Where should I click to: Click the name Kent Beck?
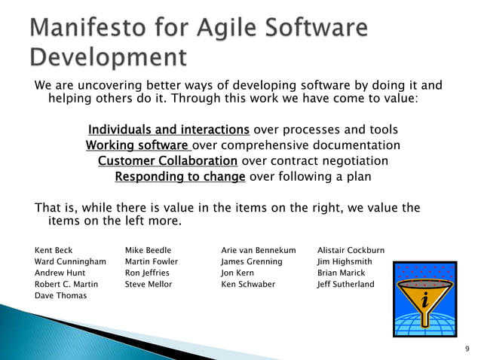click(x=54, y=250)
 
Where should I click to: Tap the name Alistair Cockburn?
click(x=351, y=250)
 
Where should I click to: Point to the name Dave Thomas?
click(x=60, y=295)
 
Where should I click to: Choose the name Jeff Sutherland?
click(x=345, y=284)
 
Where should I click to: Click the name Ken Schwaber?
click(x=248, y=284)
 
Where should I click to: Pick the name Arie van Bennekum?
click(x=258, y=250)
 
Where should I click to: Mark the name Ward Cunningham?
click(x=70, y=261)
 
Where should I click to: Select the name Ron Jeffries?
click(x=147, y=273)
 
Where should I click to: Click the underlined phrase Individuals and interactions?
click(x=169, y=129)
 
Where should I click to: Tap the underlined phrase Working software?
click(x=138, y=145)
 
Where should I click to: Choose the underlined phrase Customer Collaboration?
click(x=167, y=160)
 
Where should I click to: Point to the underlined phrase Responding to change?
click(x=179, y=176)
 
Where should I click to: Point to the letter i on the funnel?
click(x=425, y=301)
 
